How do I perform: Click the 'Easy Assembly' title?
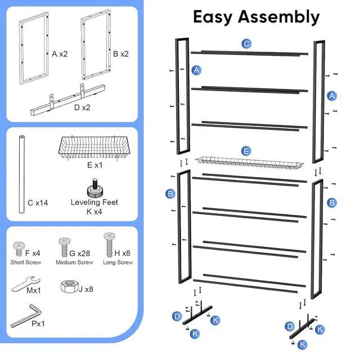256,17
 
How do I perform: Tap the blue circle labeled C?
246,43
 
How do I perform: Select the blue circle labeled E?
246,151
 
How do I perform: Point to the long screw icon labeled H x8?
109,245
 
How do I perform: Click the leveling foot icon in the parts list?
94,187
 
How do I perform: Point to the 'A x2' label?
60,54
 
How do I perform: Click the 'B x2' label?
120,54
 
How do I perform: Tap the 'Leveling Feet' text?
94,202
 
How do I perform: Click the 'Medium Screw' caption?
74,263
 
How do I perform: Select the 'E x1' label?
94,166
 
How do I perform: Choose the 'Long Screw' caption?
118,263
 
